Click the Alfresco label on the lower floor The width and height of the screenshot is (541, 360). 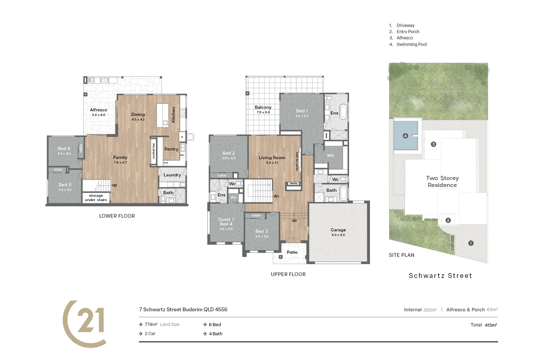coord(99,110)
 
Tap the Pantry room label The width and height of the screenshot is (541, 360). coord(171,149)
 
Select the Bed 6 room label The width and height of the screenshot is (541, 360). coord(64,149)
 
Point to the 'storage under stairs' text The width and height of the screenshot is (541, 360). coord(96,198)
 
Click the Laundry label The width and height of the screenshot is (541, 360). coord(172,175)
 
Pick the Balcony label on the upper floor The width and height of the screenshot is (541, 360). coord(263,107)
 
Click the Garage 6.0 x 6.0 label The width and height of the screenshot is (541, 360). coord(338,232)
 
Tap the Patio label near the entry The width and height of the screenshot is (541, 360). coord(292,252)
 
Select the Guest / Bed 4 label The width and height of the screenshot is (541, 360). coord(226,222)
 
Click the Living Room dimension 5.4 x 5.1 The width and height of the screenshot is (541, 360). coord(272,163)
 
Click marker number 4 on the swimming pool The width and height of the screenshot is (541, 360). coord(405,136)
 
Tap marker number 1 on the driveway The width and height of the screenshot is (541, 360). coord(471,243)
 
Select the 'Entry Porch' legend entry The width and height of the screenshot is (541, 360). coord(408,32)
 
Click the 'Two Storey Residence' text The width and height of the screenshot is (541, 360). coord(442,182)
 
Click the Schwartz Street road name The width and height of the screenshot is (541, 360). coord(440,276)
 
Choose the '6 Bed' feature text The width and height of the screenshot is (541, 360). coord(215,325)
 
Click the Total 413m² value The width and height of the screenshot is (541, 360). coord(491,325)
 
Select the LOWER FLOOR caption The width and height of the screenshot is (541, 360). coord(117,216)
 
